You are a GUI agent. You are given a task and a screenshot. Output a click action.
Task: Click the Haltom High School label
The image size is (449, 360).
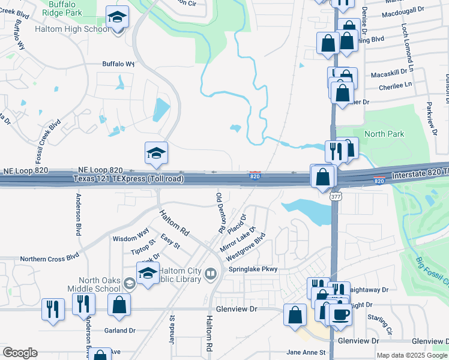pos(72,28)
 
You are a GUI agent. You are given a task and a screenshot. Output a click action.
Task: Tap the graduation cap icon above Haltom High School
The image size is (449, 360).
pos(117,17)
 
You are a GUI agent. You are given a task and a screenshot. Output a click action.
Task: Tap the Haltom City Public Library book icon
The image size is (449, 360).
pos(210,275)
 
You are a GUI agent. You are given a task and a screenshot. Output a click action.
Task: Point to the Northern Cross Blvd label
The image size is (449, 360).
pos(49,257)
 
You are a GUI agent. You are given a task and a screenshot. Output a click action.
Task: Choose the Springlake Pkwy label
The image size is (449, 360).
pos(253,269)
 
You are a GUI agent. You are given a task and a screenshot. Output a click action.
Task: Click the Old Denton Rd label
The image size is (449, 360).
pos(220,213)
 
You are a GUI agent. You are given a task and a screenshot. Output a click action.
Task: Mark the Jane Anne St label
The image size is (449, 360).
pos(306,352)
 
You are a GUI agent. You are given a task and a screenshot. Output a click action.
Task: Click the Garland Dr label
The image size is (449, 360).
pos(119,331)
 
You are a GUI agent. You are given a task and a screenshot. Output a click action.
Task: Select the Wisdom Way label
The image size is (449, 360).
pos(131,238)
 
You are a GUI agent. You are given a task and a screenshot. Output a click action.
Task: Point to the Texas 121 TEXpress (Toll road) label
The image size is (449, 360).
pos(128,179)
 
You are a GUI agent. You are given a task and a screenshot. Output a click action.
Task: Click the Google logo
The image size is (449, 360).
pos(20,353)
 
